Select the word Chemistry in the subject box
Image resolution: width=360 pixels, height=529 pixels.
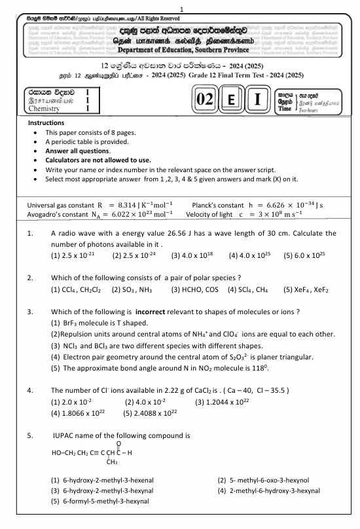click(46, 109)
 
